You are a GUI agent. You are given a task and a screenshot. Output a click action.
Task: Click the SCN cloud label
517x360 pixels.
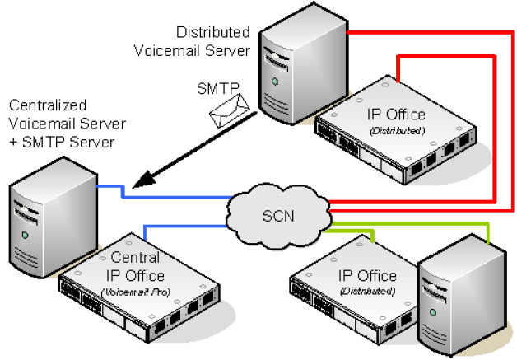(278, 216)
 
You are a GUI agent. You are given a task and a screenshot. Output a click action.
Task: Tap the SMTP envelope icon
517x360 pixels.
(229, 111)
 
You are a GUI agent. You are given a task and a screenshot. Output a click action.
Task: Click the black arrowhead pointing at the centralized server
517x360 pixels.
(144, 180)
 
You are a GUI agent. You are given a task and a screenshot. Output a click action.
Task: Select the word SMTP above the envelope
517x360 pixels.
(217, 88)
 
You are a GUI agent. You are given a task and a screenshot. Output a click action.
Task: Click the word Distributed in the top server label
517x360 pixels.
(213, 32)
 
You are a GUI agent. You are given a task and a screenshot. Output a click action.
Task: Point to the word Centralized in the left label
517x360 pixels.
(48, 105)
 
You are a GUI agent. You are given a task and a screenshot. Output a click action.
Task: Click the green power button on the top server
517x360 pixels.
(275, 82)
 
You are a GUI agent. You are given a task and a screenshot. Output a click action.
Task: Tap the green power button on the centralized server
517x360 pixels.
(25, 235)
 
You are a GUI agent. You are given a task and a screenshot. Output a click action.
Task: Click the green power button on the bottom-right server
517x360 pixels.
(433, 312)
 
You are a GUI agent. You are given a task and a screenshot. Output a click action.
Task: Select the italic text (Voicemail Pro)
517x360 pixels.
(136, 292)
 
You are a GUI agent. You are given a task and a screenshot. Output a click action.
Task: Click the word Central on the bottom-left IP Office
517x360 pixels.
(135, 257)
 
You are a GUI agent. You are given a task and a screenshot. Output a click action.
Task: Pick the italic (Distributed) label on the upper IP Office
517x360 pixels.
(398, 131)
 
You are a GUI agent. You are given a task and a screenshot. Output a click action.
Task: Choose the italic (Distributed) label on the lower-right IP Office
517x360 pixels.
(368, 291)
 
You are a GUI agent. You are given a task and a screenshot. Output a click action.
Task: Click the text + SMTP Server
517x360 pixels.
(62, 143)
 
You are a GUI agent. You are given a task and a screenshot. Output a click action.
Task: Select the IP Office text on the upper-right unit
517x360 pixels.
(396, 115)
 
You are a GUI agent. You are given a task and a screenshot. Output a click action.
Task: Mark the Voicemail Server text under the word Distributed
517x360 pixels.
(192, 51)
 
